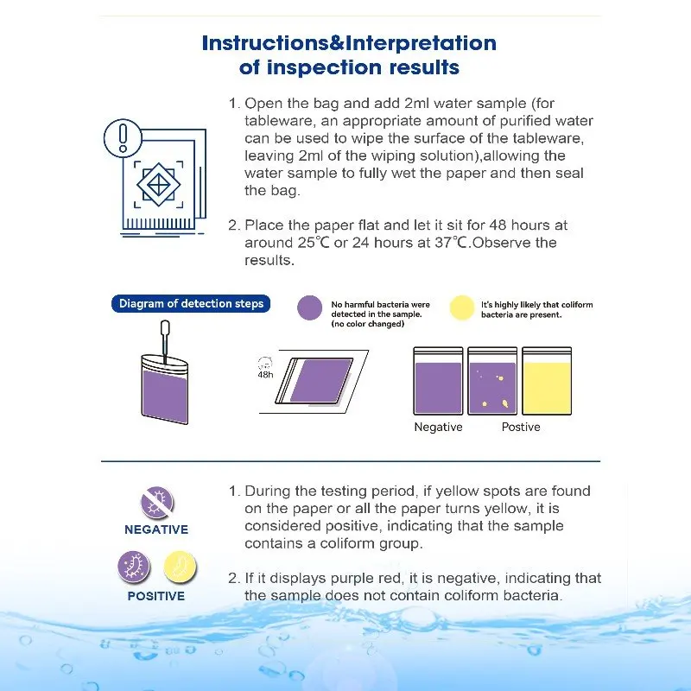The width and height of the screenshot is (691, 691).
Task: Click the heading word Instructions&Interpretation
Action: click(349, 43)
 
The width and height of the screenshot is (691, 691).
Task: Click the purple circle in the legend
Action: click(309, 308)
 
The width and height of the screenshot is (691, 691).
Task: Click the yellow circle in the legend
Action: click(462, 308)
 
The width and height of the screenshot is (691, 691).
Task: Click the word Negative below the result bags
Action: click(438, 428)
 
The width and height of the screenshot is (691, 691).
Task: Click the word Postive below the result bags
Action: click(521, 428)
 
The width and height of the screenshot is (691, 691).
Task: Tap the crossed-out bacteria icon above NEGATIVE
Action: click(156, 502)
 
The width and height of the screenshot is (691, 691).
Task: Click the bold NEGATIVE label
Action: click(156, 529)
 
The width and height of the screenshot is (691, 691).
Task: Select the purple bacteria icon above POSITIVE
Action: click(134, 567)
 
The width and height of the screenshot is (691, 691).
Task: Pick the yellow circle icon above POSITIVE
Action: click(180, 567)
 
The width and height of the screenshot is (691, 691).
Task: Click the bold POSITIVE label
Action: click(156, 596)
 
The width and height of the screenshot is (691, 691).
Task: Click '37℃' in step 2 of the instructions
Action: click(453, 243)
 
